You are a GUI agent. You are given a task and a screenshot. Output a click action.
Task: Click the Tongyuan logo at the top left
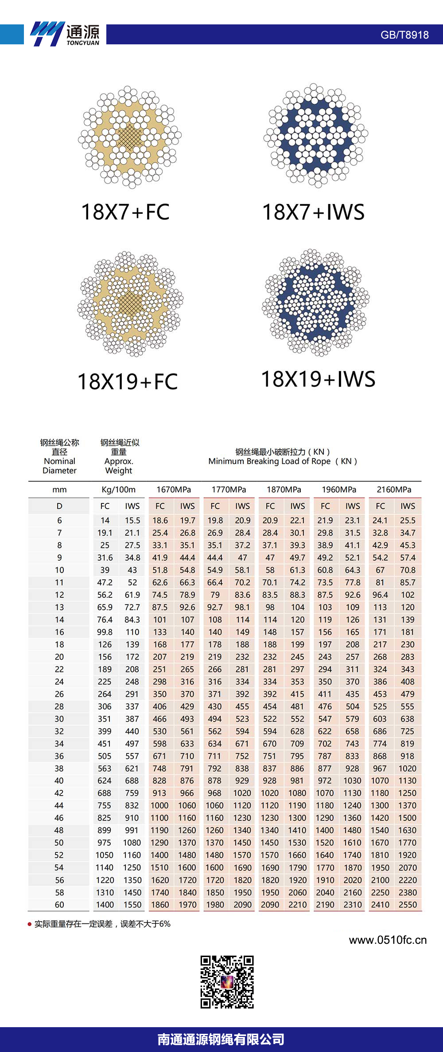tap(65, 34)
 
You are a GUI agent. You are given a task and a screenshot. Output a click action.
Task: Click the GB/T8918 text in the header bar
tap(404, 35)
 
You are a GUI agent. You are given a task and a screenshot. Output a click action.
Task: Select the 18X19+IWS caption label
tap(318, 379)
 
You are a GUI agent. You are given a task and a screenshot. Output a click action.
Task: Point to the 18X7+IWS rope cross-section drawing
tap(316, 135)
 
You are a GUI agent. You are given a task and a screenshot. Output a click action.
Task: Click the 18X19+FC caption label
tap(128, 382)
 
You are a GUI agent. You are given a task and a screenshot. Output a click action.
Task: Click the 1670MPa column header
tap(174, 490)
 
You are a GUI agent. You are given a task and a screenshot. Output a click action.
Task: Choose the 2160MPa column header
tap(394, 490)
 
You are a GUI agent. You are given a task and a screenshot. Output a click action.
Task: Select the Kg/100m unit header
tap(118, 490)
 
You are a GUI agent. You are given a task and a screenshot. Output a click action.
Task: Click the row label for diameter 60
tap(59, 905)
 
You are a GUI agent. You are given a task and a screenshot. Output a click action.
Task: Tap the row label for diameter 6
tap(59, 520)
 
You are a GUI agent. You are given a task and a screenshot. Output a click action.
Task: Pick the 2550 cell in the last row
tap(408, 905)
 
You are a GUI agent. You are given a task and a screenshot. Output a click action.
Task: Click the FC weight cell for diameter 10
tap(105, 570)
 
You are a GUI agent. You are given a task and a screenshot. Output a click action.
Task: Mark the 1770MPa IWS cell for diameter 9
tap(242, 557)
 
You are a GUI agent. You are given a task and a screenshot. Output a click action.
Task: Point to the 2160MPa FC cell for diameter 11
tap(380, 582)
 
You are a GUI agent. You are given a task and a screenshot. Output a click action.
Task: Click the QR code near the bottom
tap(227, 981)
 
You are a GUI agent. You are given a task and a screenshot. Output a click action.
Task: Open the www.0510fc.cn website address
tap(388, 940)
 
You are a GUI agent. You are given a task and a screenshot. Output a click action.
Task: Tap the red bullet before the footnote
tap(30, 924)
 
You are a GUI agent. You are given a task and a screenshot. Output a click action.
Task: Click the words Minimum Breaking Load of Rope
tap(269, 461)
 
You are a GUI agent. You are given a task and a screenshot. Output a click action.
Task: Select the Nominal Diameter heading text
tap(59, 466)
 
